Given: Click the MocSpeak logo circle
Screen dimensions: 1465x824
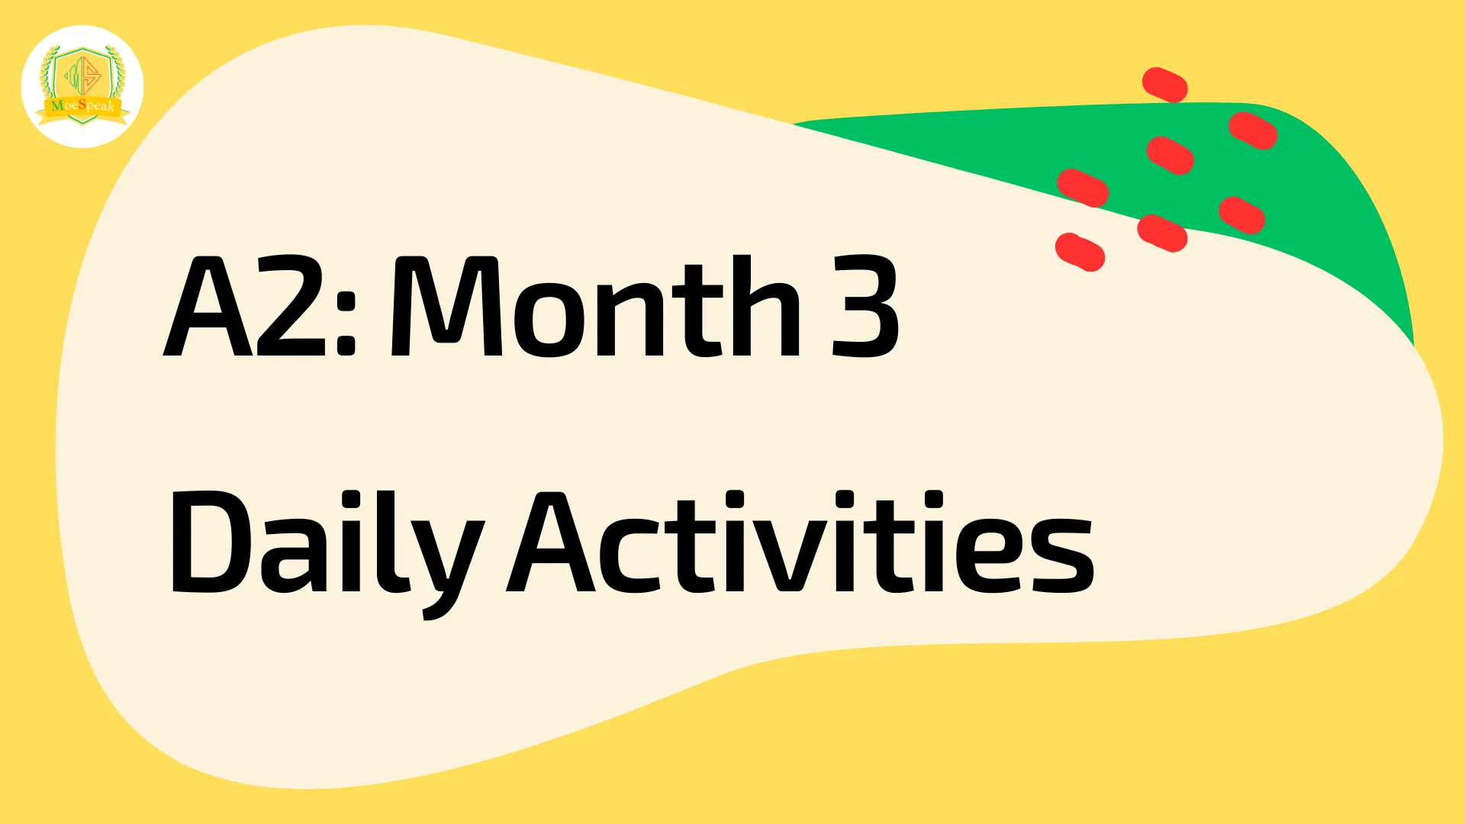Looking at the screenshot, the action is coord(82,86).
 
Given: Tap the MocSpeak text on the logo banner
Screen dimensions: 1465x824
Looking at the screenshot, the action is coord(83,105).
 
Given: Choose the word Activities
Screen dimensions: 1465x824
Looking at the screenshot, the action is coord(801,542).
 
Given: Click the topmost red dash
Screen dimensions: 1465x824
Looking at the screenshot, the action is coord(1164,85).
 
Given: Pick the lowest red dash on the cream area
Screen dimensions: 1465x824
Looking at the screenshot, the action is coord(1080,252).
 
